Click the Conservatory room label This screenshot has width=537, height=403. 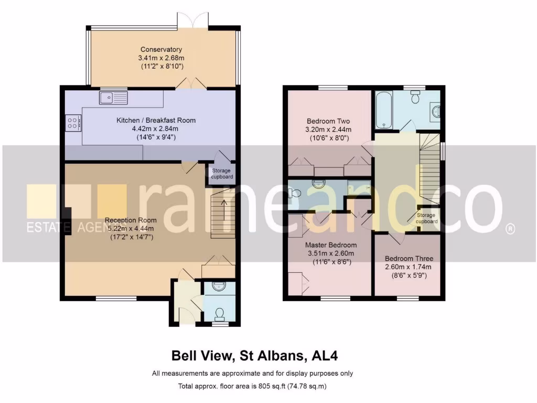tap(161, 50)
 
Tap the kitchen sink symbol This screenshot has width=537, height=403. tap(113, 97)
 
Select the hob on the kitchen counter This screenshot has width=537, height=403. tap(73, 122)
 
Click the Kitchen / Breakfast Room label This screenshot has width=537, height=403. tap(156, 120)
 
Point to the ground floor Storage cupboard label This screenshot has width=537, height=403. tap(222, 174)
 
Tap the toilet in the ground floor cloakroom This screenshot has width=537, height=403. tap(220, 313)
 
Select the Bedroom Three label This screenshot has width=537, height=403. tap(409, 259)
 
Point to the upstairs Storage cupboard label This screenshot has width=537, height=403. tap(426, 218)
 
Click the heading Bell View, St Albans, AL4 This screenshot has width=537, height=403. tap(255, 356)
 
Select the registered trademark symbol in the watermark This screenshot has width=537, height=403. tap(509, 229)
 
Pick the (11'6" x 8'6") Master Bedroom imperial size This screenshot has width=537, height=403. tap(331, 262)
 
